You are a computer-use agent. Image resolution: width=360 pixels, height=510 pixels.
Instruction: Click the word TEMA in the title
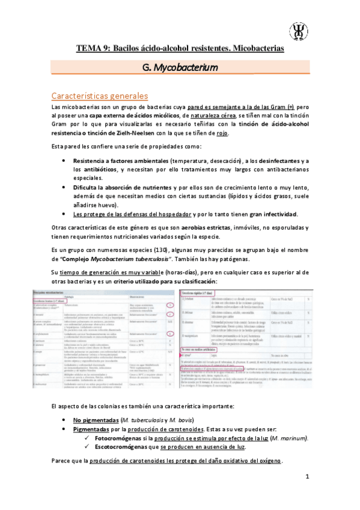pos(88,48)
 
